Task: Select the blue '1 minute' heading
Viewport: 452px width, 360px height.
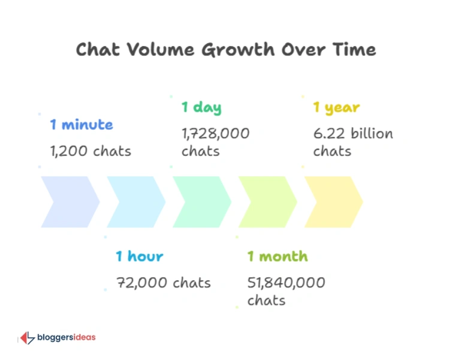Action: [x=81, y=125]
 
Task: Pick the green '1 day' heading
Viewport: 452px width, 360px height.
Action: [x=201, y=108]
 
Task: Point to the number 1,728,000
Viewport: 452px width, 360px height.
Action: [x=215, y=133]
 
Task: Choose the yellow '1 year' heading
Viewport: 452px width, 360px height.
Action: [x=336, y=108]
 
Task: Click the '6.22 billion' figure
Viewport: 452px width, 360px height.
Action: [x=353, y=133]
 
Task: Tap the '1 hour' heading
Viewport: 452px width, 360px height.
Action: [x=139, y=256]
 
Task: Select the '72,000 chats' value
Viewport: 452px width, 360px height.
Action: [x=163, y=282]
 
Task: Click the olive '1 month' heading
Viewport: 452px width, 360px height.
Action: [x=278, y=256]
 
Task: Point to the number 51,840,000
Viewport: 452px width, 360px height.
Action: [x=287, y=282]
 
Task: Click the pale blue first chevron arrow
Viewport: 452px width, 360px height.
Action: [x=69, y=202]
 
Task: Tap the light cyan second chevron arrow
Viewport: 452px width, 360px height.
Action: [x=135, y=202]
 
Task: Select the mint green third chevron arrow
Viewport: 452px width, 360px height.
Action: [x=201, y=202]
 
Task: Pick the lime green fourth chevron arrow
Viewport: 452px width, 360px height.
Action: [x=267, y=202]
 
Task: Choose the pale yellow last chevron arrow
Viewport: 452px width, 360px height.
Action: [x=333, y=202]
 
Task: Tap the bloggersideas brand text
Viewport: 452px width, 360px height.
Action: [x=66, y=338]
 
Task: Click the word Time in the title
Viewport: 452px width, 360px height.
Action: [x=354, y=49]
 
